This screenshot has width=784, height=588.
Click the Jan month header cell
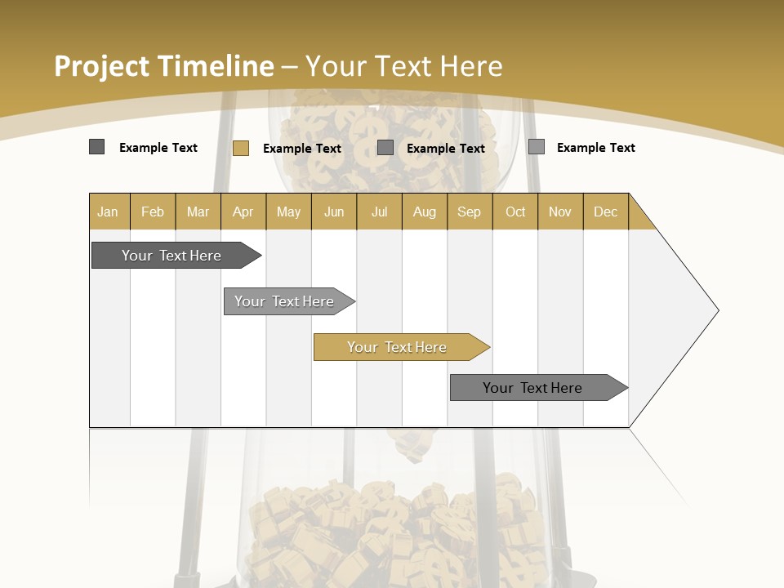(109, 212)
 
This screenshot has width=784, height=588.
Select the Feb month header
(153, 212)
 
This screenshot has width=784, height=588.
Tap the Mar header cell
(198, 212)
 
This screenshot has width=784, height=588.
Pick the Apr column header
(243, 212)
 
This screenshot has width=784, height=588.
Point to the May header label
(288, 212)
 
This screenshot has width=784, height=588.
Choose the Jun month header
(334, 212)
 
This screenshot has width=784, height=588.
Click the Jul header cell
(380, 212)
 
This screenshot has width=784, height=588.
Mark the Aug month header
(425, 212)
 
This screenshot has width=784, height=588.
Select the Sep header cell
(470, 212)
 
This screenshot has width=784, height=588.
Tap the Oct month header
(515, 212)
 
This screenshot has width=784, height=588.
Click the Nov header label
(560, 212)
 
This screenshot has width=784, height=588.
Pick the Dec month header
(606, 212)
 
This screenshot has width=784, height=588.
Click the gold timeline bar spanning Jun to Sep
(398, 347)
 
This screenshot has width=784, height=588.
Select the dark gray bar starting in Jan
(172, 256)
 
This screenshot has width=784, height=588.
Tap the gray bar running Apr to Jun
(285, 301)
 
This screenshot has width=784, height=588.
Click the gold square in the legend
(240, 148)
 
